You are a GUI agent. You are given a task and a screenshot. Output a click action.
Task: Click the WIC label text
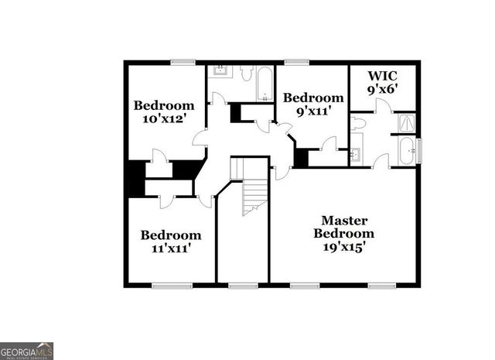point(383,76)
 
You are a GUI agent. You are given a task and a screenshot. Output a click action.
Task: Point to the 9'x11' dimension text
point(312,111)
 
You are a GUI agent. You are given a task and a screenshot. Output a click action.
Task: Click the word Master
point(343,220)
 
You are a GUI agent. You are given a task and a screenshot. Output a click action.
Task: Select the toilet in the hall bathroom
point(246,74)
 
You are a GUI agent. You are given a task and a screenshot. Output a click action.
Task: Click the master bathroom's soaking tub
point(406,150)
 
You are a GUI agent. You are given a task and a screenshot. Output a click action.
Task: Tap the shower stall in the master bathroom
point(406,122)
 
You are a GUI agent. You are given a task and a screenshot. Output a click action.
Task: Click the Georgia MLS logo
point(27,351)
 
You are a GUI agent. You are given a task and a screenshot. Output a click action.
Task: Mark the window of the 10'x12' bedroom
point(183,62)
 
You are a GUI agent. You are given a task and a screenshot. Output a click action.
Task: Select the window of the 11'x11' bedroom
point(172,285)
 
